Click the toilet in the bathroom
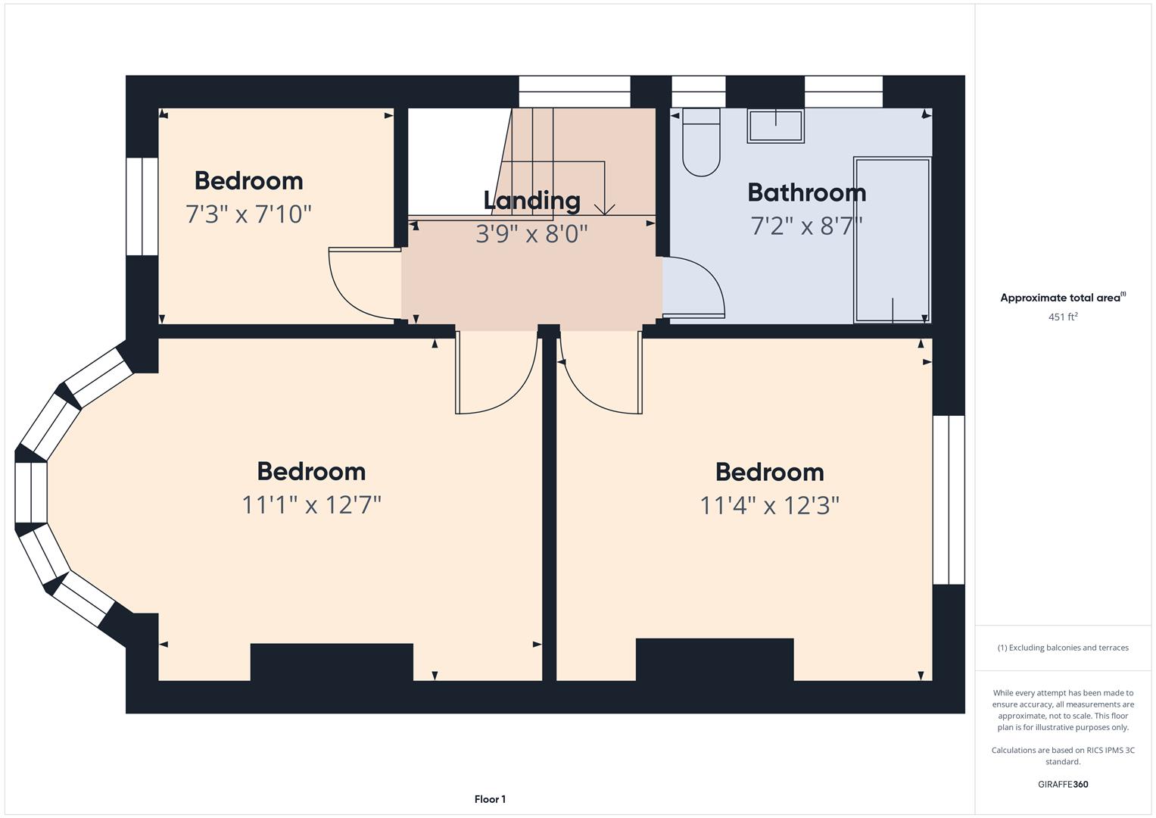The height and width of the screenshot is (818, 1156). [701, 144]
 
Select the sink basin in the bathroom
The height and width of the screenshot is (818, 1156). [775, 126]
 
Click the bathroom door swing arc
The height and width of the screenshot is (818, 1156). [704, 284]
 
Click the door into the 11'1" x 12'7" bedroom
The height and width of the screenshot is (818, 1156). [496, 379]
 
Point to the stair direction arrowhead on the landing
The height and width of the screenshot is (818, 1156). [604, 208]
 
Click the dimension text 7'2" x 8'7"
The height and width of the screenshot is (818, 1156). [806, 226]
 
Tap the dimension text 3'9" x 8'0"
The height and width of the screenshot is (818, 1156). [531, 233]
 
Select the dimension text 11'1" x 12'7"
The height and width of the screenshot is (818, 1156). [311, 504]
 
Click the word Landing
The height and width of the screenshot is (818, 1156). [531, 200]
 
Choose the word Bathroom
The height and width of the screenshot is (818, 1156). [806, 192]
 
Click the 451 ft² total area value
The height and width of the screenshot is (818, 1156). [1062, 317]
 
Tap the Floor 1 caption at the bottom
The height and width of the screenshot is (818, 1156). [490, 799]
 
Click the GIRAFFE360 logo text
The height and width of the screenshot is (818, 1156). [1062, 784]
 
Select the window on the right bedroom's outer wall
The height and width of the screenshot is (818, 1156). [949, 500]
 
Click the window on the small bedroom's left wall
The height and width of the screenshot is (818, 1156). [142, 206]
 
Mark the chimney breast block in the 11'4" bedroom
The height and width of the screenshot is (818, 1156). [715, 659]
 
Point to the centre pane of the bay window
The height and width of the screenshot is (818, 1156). [31, 492]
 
